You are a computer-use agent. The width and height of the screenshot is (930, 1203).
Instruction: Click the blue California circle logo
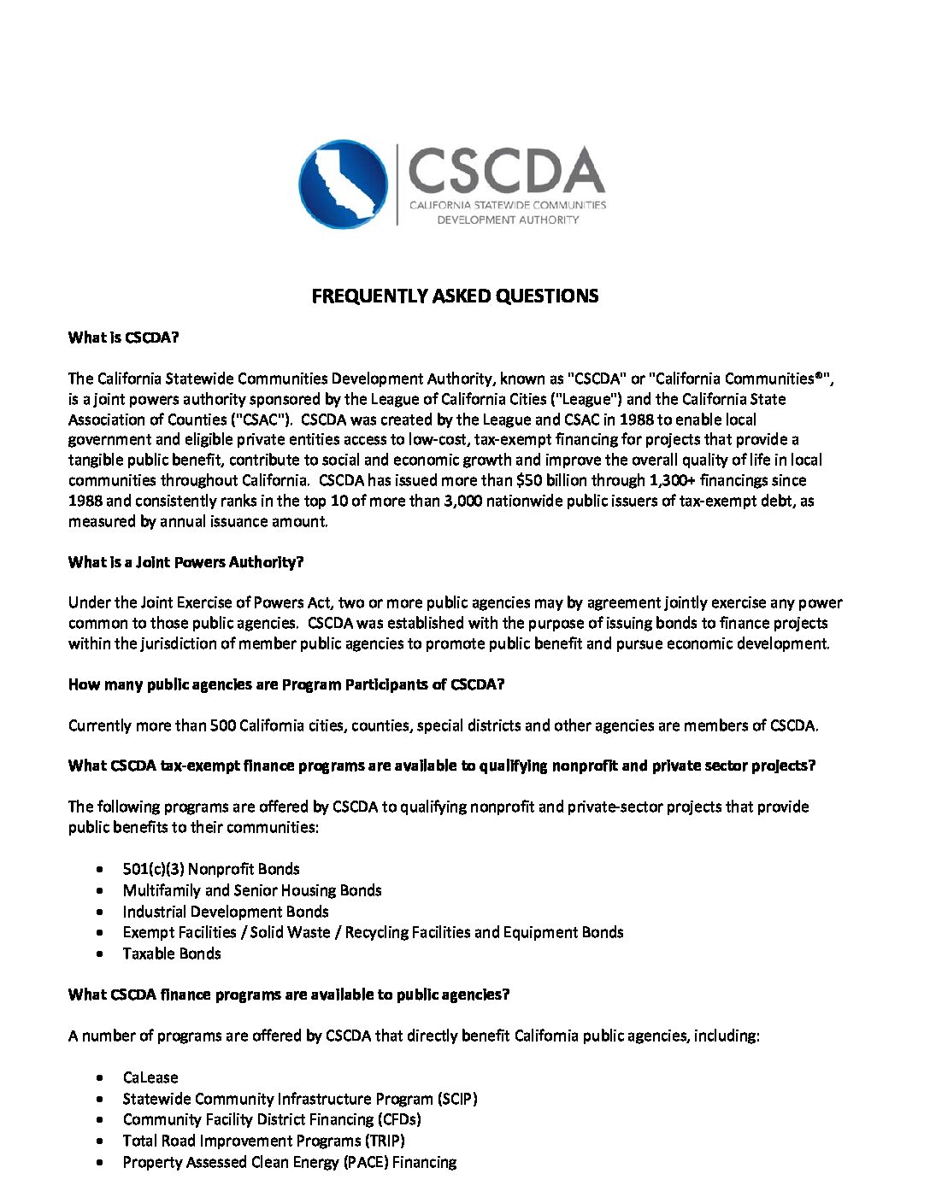(343, 184)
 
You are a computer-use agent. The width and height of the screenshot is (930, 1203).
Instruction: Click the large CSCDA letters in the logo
(506, 170)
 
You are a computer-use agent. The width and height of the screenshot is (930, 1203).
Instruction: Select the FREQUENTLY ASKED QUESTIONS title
(455, 296)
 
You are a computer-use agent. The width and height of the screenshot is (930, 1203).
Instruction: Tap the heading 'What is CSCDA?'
(123, 337)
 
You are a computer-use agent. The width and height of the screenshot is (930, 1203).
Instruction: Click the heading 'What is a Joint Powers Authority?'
(185, 562)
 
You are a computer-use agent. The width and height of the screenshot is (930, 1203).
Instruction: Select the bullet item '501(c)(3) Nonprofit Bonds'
(211, 869)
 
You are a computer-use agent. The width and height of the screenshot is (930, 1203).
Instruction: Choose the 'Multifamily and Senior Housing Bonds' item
(252, 890)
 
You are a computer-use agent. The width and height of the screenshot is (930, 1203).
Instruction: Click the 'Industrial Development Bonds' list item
(226, 912)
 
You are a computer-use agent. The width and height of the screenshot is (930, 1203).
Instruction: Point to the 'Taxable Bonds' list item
(172, 954)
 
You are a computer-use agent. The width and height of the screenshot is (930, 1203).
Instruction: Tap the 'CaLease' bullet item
(150, 1077)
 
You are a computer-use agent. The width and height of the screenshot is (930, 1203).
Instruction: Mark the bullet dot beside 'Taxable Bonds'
(101, 954)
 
